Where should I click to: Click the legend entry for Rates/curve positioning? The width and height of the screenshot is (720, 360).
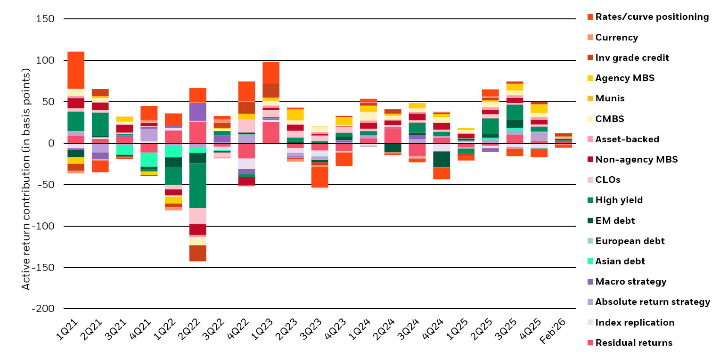coord(652,17)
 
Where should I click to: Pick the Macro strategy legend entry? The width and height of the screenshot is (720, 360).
coord(631,282)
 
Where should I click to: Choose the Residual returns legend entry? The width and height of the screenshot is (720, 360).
coord(634,343)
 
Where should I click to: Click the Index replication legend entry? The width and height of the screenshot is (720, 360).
coord(635,322)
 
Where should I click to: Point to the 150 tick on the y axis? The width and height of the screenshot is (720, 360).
coord(45,19)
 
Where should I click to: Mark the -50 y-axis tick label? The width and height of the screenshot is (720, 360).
coord(45,185)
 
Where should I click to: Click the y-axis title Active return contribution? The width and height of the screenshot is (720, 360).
coord(26,180)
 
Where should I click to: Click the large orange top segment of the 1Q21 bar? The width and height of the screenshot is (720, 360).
coord(76,70)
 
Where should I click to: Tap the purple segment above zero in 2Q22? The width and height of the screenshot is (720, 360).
coord(198,112)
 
